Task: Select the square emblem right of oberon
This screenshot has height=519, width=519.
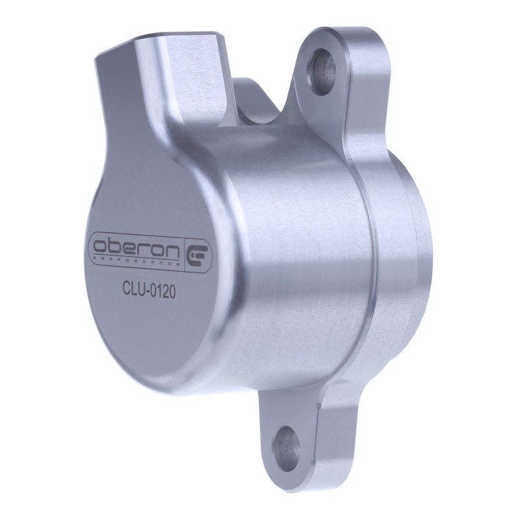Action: [197, 255]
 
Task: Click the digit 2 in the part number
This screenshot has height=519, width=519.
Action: [166, 291]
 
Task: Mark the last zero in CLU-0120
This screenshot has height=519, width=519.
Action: [173, 292]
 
